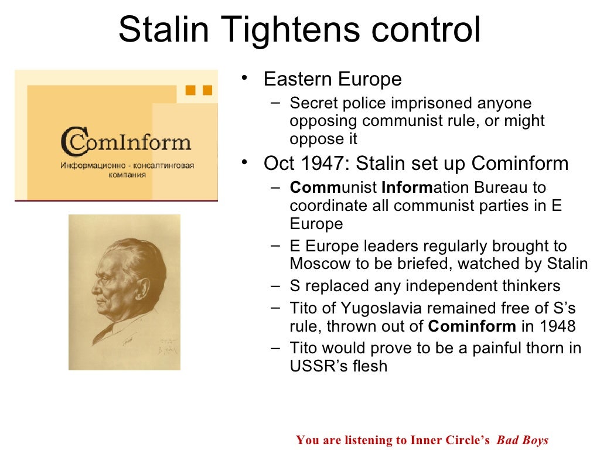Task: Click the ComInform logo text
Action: [x=126, y=142]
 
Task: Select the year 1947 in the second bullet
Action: [x=323, y=163]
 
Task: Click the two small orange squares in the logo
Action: [x=198, y=90]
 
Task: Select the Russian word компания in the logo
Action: [x=127, y=175]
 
